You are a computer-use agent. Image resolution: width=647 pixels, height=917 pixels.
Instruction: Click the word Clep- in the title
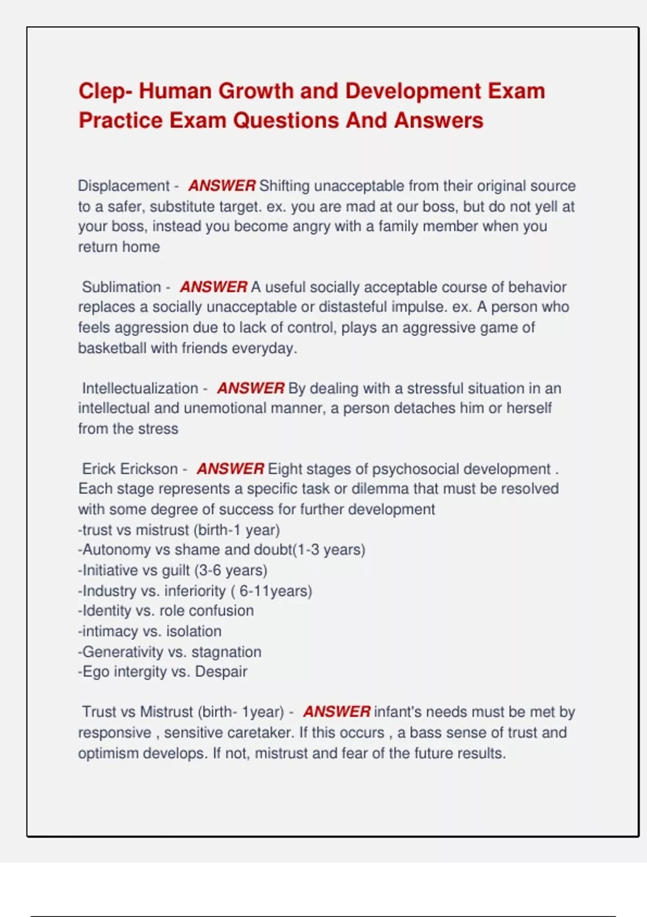(105, 91)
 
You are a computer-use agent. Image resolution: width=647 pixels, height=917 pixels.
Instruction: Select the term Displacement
(123, 186)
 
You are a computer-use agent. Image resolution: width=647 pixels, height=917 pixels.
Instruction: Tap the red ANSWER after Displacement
(222, 186)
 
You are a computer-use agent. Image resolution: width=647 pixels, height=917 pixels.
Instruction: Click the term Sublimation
(121, 287)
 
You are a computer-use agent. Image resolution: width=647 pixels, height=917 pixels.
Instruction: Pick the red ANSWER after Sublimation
(214, 287)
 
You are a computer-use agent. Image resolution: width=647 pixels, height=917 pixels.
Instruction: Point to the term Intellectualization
(140, 388)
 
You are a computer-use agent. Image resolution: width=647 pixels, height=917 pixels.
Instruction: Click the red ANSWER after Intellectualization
(251, 388)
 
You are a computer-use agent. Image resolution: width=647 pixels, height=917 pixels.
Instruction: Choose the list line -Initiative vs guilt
(173, 571)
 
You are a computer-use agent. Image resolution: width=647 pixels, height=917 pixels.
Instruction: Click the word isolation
(194, 632)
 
